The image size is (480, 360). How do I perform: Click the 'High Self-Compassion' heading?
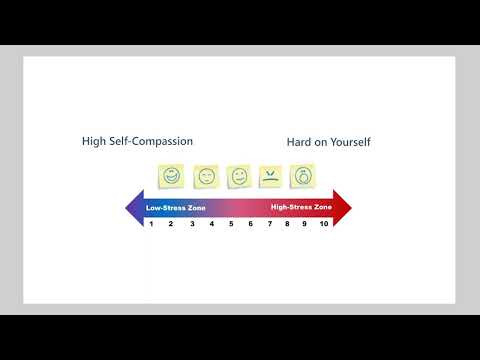[137, 142]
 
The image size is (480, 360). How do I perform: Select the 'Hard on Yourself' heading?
[329, 142]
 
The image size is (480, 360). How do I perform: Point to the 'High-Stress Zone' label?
[302, 207]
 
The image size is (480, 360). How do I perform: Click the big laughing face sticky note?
[172, 176]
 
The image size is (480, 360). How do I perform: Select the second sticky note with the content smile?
[206, 177]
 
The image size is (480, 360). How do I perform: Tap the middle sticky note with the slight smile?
[239, 177]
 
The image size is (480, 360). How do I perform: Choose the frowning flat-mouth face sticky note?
[271, 177]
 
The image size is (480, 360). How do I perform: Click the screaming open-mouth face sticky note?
[302, 177]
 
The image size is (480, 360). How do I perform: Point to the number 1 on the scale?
[151, 224]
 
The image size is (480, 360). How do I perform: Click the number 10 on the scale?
[324, 224]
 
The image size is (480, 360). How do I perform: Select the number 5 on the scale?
[231, 224]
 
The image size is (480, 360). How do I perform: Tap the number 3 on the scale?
[192, 224]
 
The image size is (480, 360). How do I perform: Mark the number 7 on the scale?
[269, 224]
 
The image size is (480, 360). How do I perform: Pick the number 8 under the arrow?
[287, 224]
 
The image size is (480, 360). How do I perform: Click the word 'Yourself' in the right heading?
[349, 142]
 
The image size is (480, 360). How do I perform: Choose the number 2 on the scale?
[171, 224]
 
